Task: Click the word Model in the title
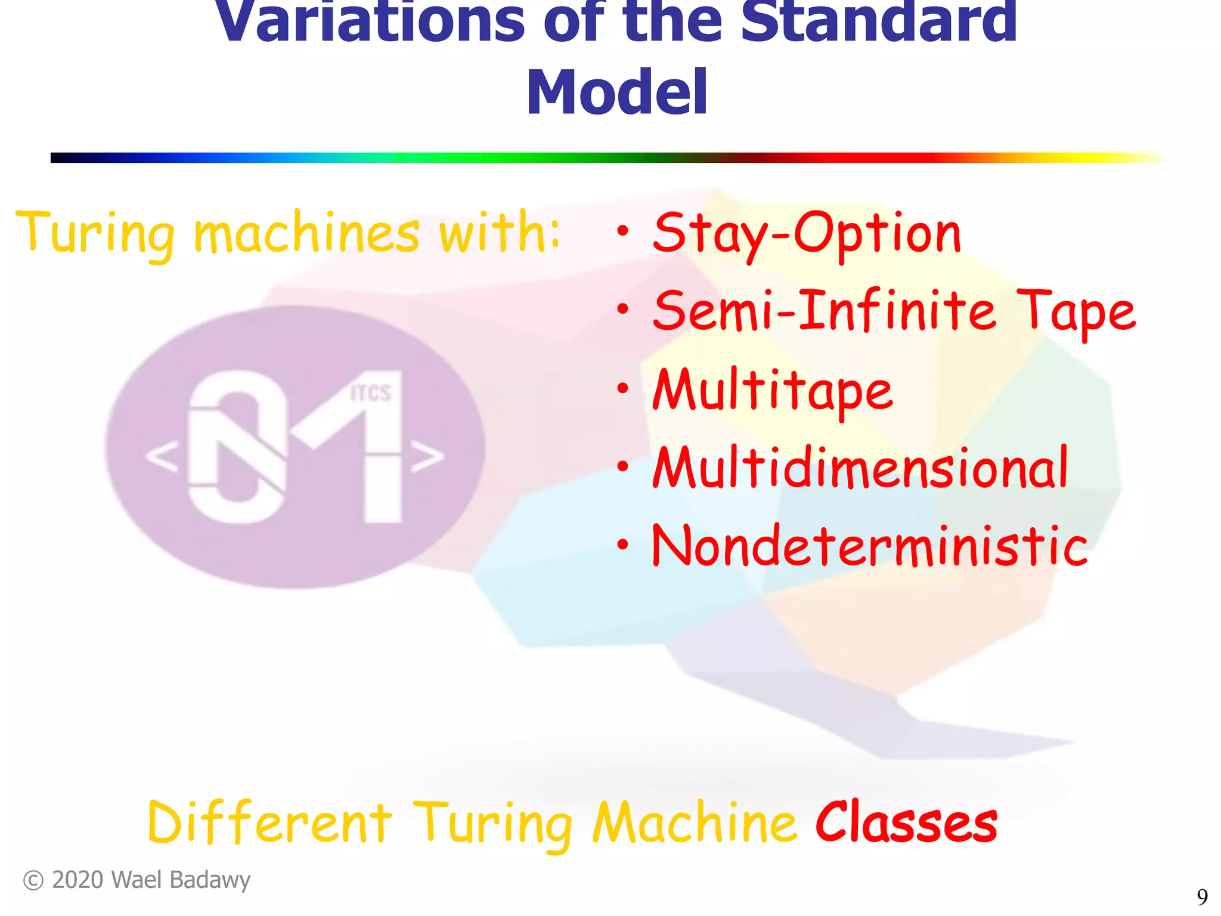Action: tap(616, 93)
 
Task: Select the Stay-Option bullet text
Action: tap(807, 234)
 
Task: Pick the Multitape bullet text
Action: tap(773, 390)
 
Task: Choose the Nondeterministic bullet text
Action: tap(869, 545)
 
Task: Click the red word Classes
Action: tap(906, 823)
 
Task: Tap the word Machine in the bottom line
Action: tap(695, 823)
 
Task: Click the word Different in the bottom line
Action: tap(269, 823)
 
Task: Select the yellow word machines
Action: tap(307, 234)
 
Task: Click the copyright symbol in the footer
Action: tap(33, 881)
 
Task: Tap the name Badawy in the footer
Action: tap(219, 881)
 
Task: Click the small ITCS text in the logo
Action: tap(370, 393)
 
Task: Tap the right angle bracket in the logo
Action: tap(427, 457)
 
